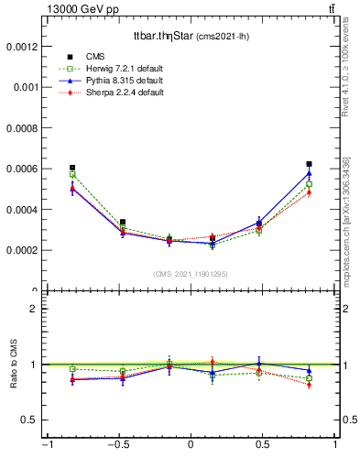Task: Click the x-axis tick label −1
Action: [x=46, y=446]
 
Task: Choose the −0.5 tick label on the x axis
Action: [x=117, y=446]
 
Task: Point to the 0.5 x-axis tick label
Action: [x=263, y=446]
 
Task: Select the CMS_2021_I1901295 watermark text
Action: [x=191, y=274]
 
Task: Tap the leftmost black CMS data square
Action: [x=72, y=168]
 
